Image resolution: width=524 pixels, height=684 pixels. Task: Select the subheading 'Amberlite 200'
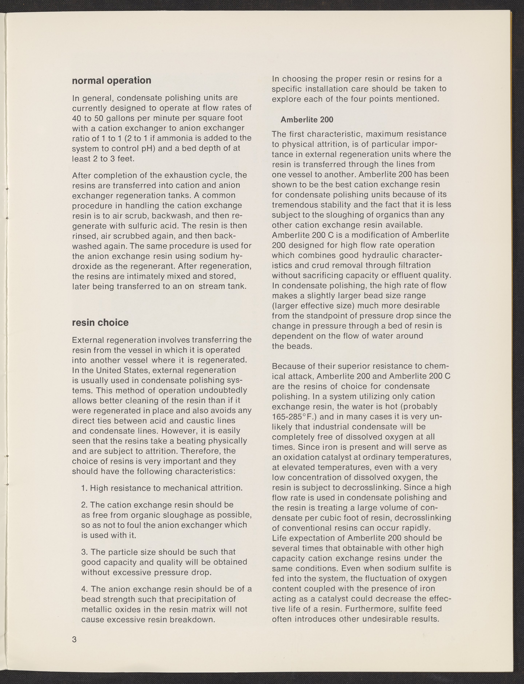point(307,120)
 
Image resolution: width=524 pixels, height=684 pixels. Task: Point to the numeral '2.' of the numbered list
point(84,505)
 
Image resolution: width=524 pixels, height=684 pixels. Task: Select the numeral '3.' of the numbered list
point(84,552)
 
